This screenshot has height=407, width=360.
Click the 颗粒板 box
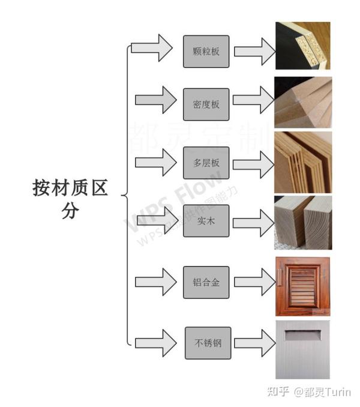click(x=206, y=51)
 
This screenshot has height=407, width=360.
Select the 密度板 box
click(x=206, y=104)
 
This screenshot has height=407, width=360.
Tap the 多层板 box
click(x=206, y=163)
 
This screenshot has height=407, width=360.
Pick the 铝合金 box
click(x=206, y=282)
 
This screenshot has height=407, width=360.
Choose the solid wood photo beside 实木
click(x=302, y=222)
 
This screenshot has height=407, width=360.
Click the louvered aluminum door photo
click(x=302, y=286)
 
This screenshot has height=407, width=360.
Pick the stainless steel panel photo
click(x=302, y=349)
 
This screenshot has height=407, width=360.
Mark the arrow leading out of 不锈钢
click(x=253, y=343)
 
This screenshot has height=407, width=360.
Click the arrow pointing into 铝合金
click(x=156, y=282)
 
